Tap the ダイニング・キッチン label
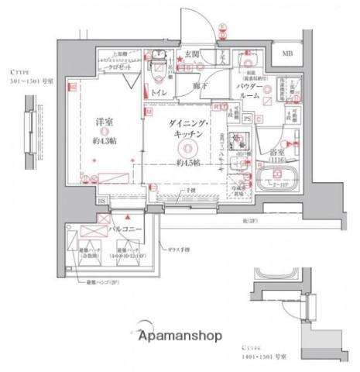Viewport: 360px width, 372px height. coord(187,129)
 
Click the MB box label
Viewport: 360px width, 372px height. coord(287,53)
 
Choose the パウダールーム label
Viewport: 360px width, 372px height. coord(273,89)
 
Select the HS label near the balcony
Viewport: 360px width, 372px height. coord(101,201)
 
